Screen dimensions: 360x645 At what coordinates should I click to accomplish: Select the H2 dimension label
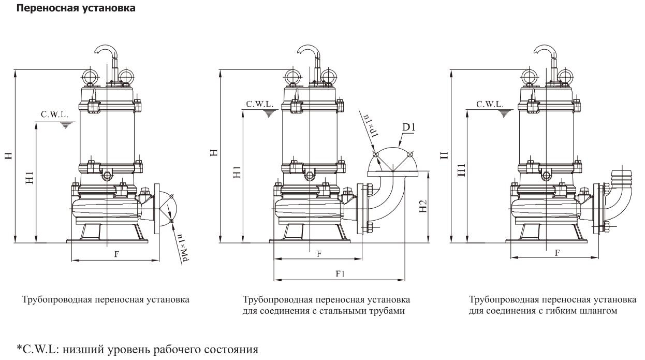coord(423,208)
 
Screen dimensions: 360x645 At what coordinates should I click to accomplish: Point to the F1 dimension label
coord(340,274)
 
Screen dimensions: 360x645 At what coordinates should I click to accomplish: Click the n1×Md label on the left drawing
coord(182,247)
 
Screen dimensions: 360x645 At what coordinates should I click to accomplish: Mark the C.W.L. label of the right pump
coord(490,104)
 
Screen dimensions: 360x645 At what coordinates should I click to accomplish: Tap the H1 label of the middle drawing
coord(237,173)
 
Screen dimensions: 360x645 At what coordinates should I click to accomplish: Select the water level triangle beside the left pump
coord(65,125)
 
